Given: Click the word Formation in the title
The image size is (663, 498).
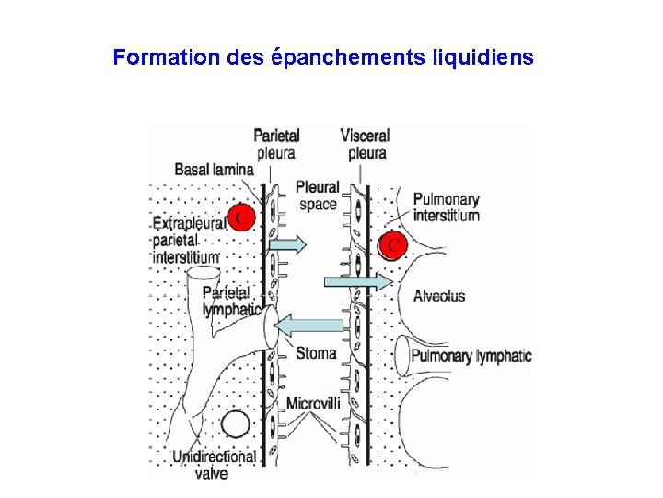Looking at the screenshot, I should point(165,57).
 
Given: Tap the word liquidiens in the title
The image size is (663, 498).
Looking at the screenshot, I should point(481,57).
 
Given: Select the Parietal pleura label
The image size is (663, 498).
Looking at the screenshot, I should point(276,144).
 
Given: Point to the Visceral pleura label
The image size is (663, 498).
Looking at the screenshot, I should point(365,144).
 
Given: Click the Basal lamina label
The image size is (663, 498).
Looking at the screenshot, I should point(214,170).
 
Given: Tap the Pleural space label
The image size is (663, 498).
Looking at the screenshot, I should point(318,196).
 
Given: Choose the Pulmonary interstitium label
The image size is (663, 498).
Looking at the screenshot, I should point(447,207).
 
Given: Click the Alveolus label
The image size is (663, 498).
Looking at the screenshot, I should point(439,296).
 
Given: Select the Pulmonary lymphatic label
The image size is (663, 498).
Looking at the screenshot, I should point(471,356).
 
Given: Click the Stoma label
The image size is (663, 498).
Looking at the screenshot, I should point(316,353).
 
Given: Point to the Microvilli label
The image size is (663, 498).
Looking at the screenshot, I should point(313,403).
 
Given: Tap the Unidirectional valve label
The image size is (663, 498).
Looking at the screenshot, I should point(213,465).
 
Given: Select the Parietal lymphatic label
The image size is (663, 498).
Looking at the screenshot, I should point(230,302).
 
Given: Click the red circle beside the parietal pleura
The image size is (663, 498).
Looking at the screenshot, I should point(240,217).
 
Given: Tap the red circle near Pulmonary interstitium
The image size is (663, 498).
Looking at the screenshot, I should point(393,245).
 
